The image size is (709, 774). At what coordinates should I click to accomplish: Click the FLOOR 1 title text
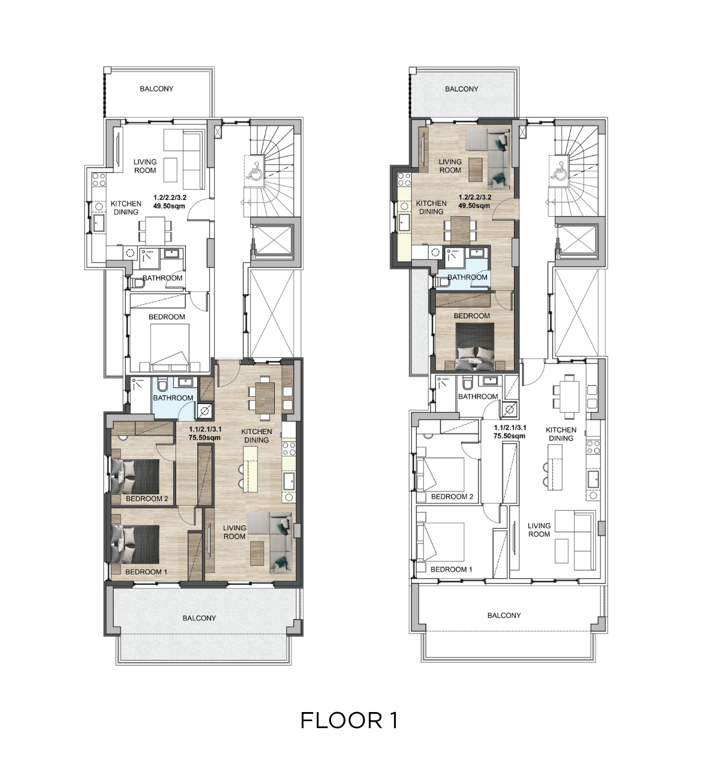click(349, 720)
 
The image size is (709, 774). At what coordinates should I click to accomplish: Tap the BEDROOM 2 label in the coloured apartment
click(147, 498)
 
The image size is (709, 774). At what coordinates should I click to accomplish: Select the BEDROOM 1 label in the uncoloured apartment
click(451, 569)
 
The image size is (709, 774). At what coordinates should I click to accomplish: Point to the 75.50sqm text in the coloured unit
click(205, 437)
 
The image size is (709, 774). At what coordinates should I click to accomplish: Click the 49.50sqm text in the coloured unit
click(474, 206)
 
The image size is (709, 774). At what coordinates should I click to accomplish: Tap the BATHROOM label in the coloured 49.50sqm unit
click(468, 277)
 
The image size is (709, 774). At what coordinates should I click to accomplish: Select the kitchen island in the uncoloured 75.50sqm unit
click(555, 467)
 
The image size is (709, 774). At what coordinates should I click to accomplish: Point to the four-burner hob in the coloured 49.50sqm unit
click(404, 179)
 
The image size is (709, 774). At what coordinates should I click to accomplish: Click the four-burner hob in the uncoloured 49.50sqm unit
click(99, 180)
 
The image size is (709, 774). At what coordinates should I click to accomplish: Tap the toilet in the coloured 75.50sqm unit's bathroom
click(162, 385)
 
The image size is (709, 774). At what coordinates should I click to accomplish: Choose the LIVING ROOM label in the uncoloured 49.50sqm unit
click(145, 166)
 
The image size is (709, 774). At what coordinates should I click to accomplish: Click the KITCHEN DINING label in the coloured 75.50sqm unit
click(256, 436)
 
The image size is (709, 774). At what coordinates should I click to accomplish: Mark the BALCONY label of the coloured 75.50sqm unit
click(199, 617)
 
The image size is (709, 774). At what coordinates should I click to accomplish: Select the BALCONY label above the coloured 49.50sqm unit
click(461, 89)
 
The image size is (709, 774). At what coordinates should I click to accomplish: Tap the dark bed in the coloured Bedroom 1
click(135, 544)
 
